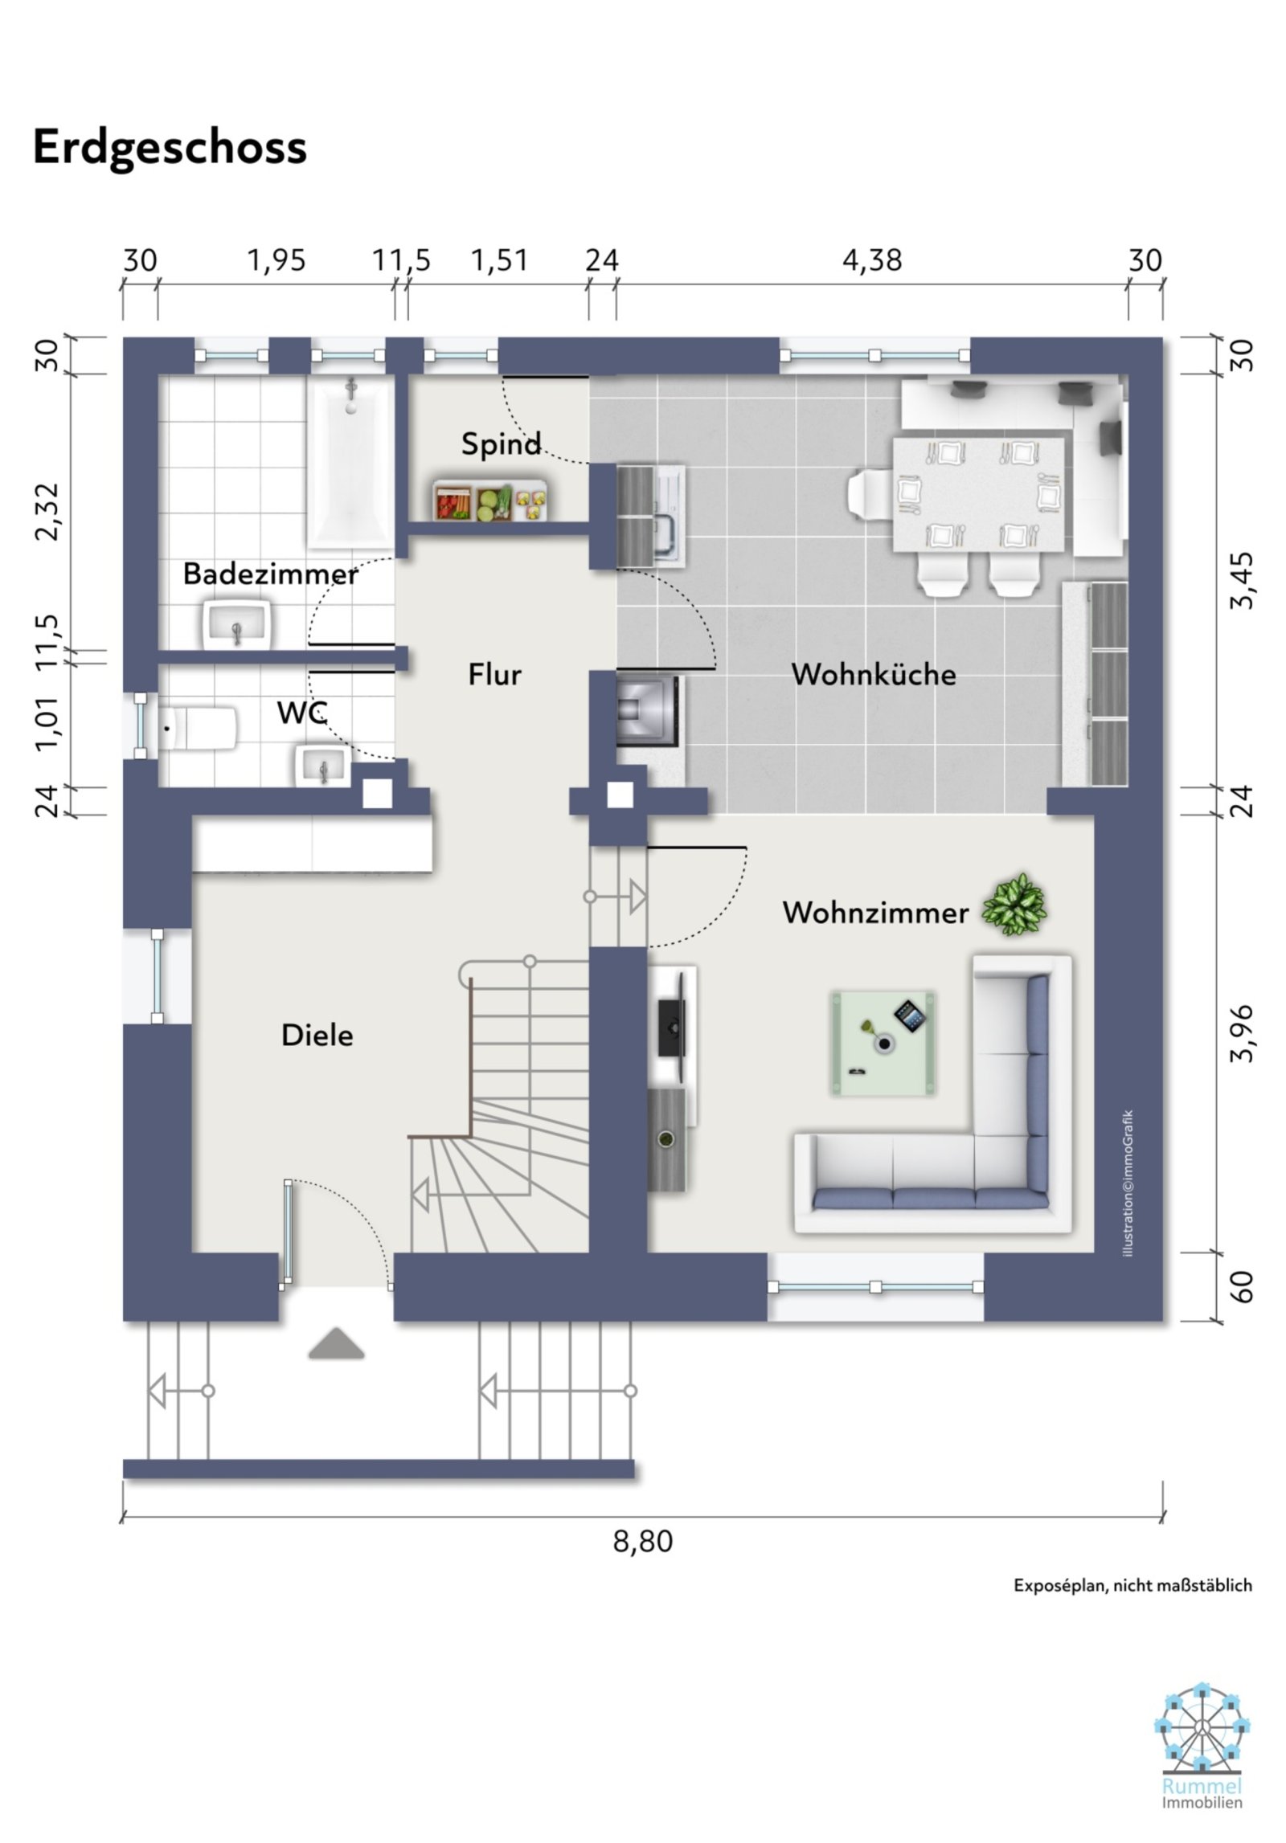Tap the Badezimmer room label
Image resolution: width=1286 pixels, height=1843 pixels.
click(270, 574)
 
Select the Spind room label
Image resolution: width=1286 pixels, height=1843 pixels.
click(501, 443)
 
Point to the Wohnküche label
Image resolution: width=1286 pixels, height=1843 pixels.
click(874, 674)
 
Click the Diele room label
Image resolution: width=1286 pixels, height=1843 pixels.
click(317, 1035)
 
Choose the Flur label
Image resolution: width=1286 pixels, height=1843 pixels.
click(495, 674)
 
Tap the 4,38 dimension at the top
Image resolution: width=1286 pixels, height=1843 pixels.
click(872, 260)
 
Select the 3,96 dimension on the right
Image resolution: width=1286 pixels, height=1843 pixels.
click(1242, 1033)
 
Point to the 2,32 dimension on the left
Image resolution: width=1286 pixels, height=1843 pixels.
click(47, 512)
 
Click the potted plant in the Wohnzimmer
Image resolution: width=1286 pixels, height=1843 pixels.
click(1014, 904)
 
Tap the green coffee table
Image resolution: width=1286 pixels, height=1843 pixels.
click(883, 1044)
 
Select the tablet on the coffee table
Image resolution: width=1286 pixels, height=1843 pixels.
click(911, 1015)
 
